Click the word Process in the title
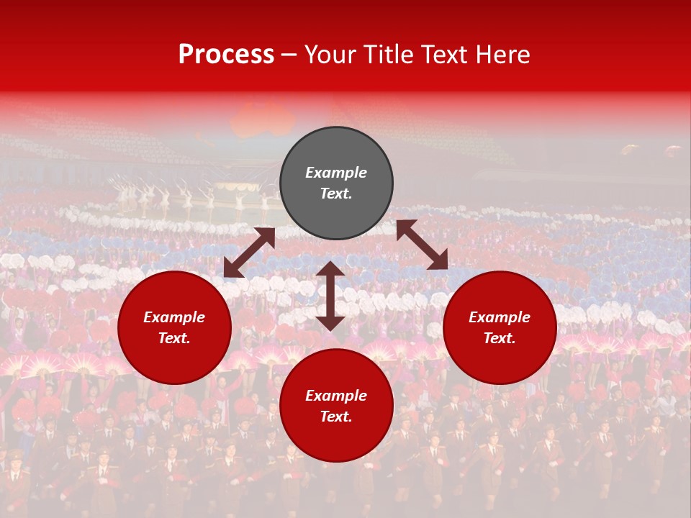pyautogui.click(x=226, y=55)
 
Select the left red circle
pyautogui.click(x=174, y=360)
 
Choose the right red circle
pyautogui.click(x=500, y=360)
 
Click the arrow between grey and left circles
pyautogui.click(x=249, y=253)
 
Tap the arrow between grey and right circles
pyautogui.click(x=422, y=245)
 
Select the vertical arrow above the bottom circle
pyautogui.click(x=330, y=296)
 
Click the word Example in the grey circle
pyautogui.click(x=336, y=173)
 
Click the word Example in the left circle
pyautogui.click(x=174, y=317)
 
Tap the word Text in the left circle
pyautogui.click(x=173, y=338)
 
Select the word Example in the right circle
pyautogui.click(x=500, y=317)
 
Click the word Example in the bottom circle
pyautogui.click(x=336, y=396)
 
